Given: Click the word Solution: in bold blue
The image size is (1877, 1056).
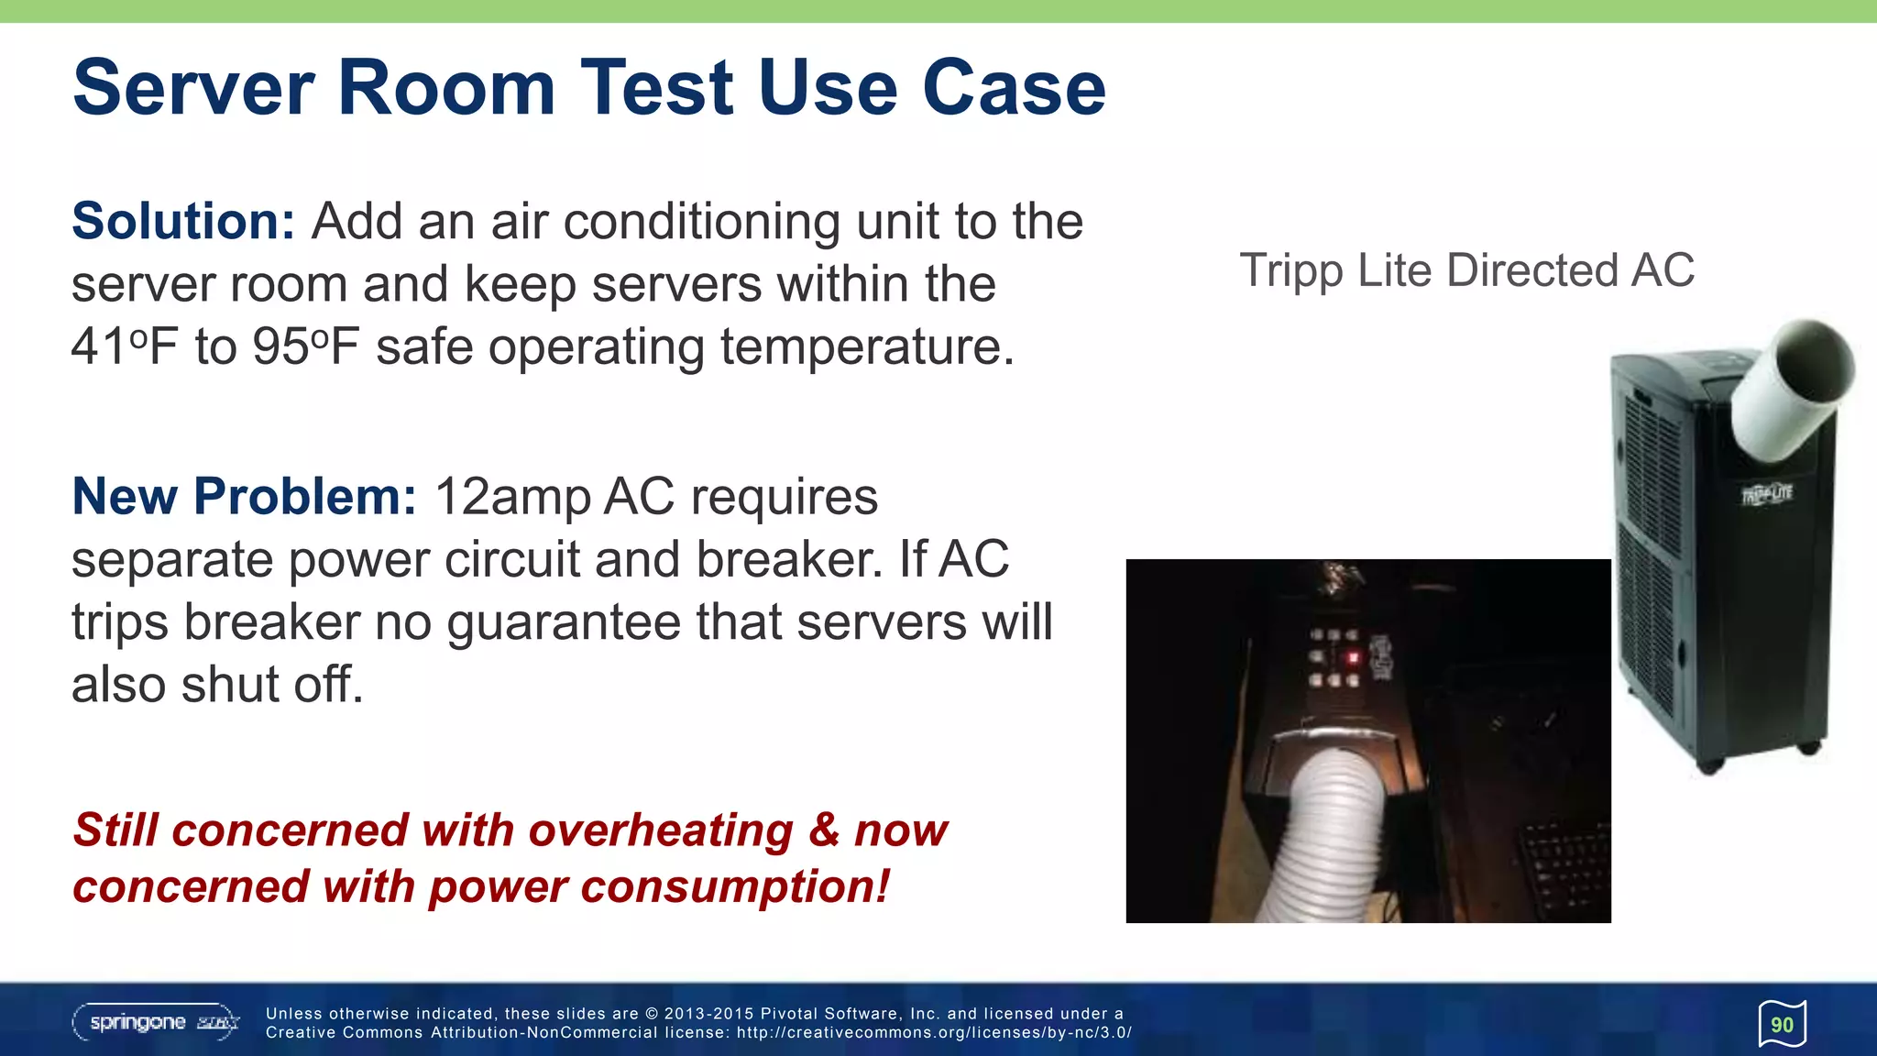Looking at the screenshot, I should click(183, 222).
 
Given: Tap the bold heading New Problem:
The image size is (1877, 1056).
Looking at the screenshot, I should click(244, 497).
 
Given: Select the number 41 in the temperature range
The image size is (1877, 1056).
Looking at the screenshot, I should click(99, 347).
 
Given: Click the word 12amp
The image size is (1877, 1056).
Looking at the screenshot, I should click(511, 497).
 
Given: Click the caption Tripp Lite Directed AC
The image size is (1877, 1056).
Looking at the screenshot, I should click(1466, 270).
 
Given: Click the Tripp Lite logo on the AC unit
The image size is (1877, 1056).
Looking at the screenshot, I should click(1766, 495).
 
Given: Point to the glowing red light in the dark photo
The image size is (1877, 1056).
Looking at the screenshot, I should click(1354, 657).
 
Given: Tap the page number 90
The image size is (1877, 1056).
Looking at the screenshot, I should click(1782, 1025).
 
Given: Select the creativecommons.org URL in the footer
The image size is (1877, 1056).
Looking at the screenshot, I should click(934, 1033).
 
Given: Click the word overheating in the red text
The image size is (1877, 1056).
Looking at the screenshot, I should click(660, 830).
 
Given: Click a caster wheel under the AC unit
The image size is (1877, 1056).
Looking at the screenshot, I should click(1710, 764).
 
